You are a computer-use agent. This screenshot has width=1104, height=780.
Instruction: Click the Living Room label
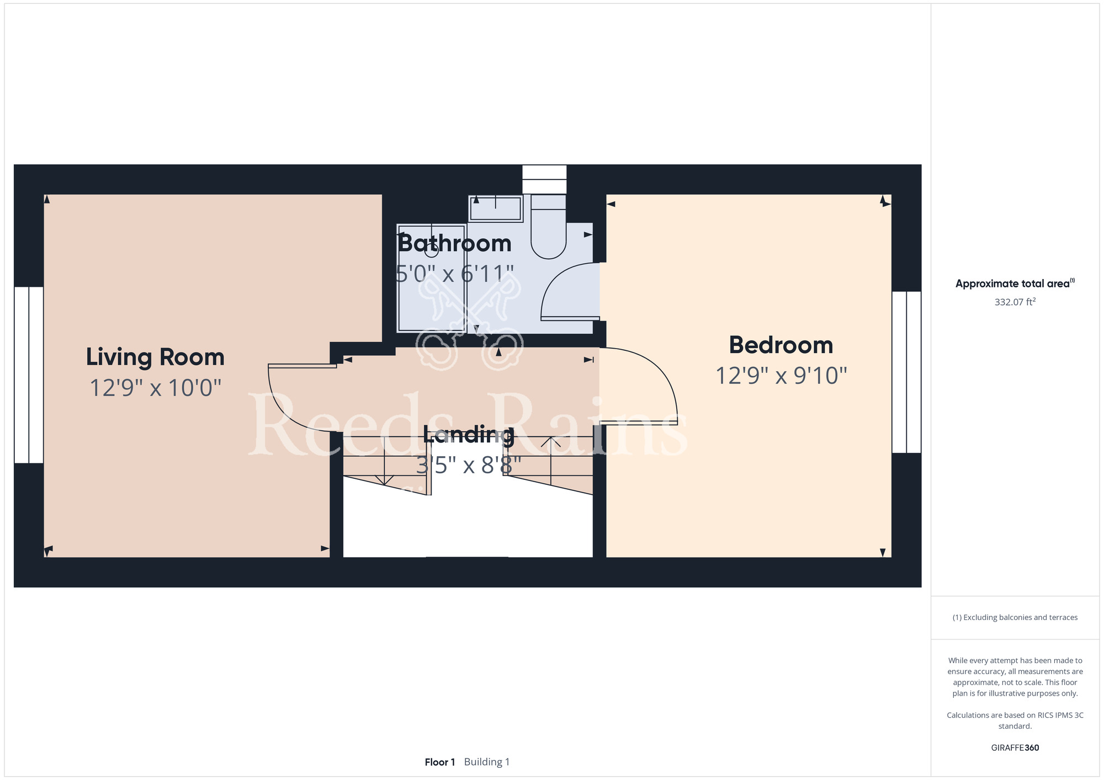pos(155,357)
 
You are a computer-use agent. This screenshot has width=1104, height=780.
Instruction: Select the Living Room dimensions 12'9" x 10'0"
pos(155,388)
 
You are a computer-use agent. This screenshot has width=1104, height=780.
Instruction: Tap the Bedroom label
pos(781,345)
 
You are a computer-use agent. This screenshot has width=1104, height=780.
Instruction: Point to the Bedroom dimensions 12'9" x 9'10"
pos(781,376)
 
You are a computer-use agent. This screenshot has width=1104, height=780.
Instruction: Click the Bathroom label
pos(454,243)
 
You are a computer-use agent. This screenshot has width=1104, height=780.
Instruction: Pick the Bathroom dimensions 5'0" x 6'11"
pos(455,274)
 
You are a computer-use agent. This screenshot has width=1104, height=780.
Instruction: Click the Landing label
pos(469,435)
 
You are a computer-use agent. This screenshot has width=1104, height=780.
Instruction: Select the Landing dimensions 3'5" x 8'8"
pos(469,466)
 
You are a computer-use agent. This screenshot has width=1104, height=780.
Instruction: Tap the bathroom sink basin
pos(496,209)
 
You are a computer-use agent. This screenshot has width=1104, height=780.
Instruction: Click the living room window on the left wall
pos(29,375)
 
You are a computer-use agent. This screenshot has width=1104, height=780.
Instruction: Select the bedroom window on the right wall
pos(906,372)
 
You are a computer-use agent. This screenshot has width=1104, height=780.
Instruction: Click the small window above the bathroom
pos(544,179)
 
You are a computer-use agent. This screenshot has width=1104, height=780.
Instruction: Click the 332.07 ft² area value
pos(1015,302)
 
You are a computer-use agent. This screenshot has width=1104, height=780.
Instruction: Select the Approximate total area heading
pos(1015,284)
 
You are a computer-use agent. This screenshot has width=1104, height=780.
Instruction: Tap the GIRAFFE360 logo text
pos(1015,748)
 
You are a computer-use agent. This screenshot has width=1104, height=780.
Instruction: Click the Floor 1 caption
pos(440,762)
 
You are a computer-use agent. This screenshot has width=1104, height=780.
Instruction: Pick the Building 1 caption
pos(487,762)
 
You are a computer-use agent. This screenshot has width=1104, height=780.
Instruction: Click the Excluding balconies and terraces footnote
pos(1015,617)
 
